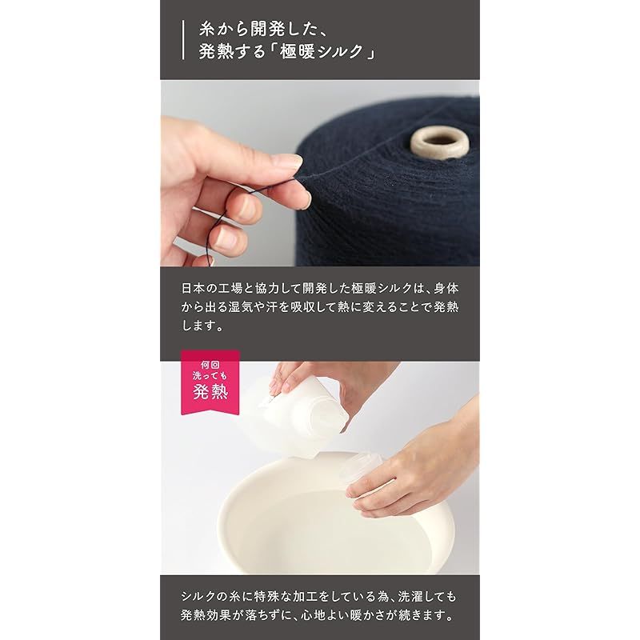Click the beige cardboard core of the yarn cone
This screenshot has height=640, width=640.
pos(439,144)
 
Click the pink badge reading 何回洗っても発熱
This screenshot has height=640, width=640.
pos(210,382)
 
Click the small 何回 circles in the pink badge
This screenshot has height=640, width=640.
pos(210,364)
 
